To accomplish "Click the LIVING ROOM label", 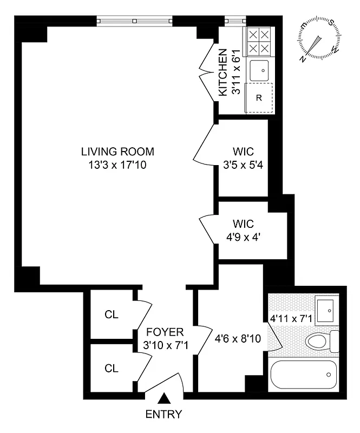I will point(117,152).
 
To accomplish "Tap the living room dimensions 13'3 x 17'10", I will point(117,165).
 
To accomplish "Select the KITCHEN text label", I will point(222,73).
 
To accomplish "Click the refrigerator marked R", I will point(259,98).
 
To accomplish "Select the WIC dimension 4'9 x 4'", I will point(243,237).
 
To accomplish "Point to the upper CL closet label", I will point(112,314).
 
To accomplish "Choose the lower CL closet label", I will point(112,369).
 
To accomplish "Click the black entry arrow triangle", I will point(163,399).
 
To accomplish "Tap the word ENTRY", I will point(163,415).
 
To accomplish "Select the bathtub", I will point(303,374).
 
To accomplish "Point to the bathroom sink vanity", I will point(326,309).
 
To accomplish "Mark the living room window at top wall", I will point(135,21).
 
